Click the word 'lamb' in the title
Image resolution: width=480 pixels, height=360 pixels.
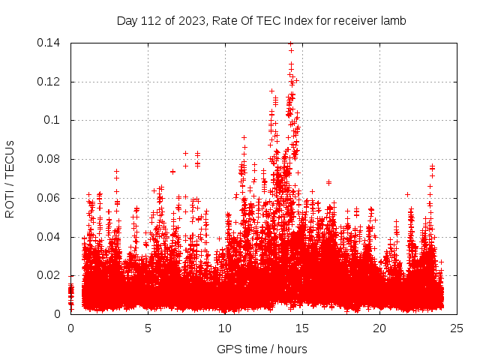pos(392,21)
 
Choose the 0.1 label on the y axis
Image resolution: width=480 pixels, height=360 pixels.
pos(54,120)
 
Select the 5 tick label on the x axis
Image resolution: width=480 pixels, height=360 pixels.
pos(148,328)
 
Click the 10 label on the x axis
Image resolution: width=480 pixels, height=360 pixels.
pos(225,328)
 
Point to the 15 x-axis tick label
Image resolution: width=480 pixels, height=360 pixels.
pos(302,328)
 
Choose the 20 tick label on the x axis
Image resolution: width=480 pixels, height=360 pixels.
pos(379,328)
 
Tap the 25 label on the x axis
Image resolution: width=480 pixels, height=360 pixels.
pos(457,328)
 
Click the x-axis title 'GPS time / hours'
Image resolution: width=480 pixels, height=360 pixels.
pos(262,349)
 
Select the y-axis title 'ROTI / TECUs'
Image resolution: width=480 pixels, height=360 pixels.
pos(10,178)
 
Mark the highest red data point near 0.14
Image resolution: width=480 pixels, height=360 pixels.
pos(290,43)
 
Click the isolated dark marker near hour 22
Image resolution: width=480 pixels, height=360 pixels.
pos(407,194)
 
